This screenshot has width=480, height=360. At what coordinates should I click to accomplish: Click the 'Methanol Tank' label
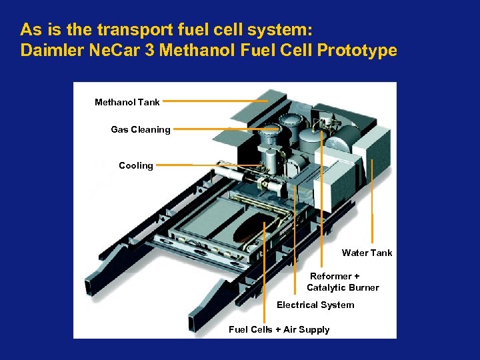[x=127, y=103]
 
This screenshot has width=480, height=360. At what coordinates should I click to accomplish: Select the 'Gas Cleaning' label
[x=140, y=130]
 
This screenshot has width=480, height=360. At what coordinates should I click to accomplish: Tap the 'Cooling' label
[x=136, y=165]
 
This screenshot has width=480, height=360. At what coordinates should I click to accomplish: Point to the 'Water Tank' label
[x=367, y=253]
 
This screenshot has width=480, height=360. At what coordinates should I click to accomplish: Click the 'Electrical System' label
[x=315, y=305]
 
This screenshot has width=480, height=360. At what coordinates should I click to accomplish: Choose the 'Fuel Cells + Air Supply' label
[x=279, y=329]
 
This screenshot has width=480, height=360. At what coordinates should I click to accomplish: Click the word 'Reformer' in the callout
[x=331, y=276]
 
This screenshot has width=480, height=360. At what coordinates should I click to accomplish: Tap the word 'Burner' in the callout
[x=364, y=288]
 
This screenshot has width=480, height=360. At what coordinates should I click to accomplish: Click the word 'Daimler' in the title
[x=49, y=51]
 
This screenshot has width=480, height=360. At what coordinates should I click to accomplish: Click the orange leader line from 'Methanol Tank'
[x=213, y=102]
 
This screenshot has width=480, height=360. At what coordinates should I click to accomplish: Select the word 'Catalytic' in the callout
[x=326, y=288]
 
